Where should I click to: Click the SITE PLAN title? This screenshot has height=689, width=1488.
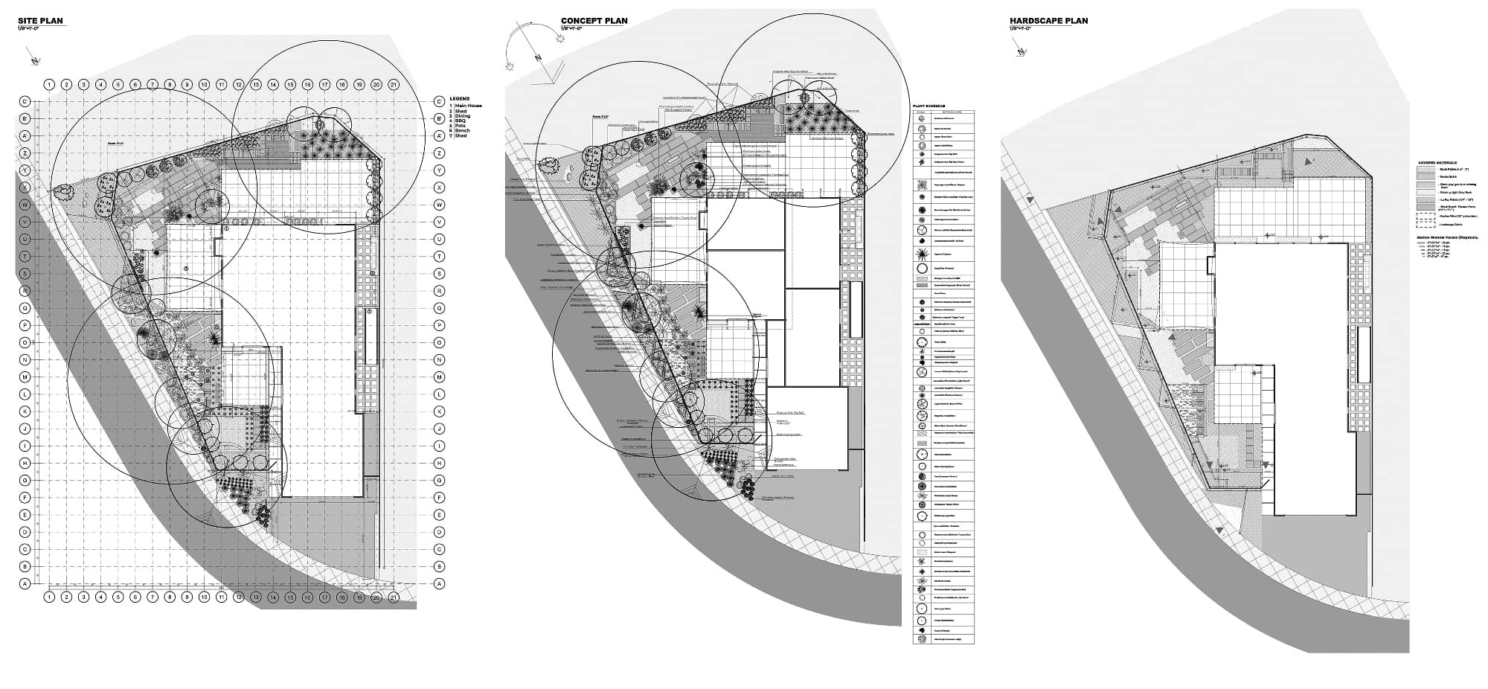[40, 21]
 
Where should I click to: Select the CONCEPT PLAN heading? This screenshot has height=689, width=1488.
[594, 21]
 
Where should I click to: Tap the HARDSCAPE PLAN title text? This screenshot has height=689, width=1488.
[1048, 21]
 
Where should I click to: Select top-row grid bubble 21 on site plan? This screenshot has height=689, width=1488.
[394, 85]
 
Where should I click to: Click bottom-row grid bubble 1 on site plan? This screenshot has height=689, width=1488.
[49, 597]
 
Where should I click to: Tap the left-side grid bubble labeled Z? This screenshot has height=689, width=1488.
[25, 153]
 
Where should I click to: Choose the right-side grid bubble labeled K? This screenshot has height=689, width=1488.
[439, 411]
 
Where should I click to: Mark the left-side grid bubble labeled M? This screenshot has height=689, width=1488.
[25, 377]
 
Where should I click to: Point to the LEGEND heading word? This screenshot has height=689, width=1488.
[459, 98]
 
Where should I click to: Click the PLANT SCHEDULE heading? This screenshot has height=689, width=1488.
[929, 106]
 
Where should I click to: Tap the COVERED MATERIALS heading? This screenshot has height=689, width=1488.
[1437, 162]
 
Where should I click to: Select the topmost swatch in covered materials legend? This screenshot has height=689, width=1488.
[1426, 170]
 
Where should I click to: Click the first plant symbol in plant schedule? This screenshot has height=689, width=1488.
[921, 118]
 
